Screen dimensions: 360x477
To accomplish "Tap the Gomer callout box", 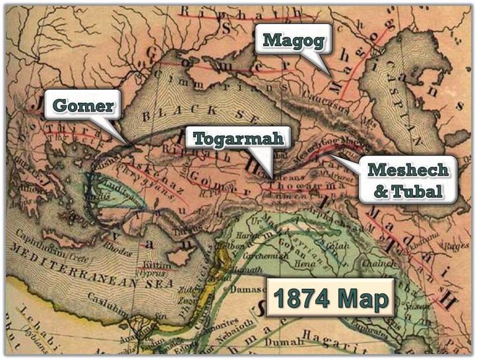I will point(83,105).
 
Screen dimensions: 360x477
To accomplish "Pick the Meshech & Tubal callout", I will point(408,180).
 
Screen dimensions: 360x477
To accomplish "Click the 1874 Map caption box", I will point(330,299).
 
